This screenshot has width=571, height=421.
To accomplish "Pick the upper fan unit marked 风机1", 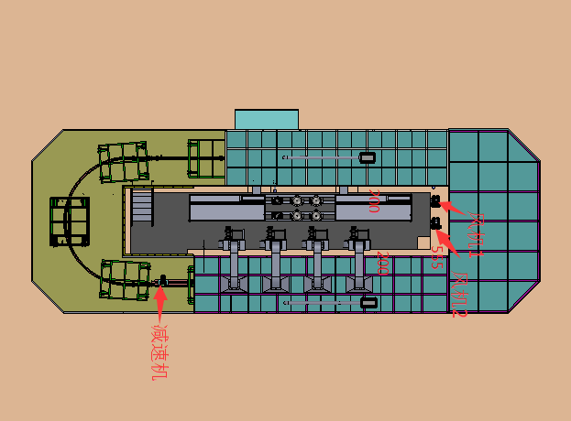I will (434, 201).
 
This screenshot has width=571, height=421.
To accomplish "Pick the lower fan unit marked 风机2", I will (434, 222).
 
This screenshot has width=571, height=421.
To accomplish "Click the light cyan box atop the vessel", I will (267, 119).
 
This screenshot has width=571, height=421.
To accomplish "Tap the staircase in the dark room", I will (141, 207).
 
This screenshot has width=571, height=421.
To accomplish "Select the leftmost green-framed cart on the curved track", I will (70, 221).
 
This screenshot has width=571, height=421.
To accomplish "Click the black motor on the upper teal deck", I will (367, 157).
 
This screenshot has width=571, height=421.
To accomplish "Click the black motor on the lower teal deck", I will (368, 302).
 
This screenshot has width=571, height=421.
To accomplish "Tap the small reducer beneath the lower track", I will (163, 279).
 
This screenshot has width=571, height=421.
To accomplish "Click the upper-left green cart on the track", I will (124, 160).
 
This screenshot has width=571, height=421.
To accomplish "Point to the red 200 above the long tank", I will (373, 201).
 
